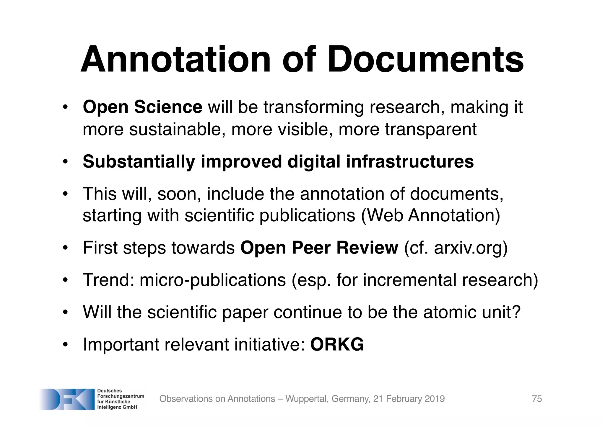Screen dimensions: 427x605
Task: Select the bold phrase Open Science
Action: [142, 107]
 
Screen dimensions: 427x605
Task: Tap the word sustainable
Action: [175, 130]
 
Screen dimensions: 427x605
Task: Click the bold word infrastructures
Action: [410, 162]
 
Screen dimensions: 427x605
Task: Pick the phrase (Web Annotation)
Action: [430, 215]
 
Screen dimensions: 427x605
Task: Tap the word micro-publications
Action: [213, 280]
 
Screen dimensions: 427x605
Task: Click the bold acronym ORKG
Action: [337, 344]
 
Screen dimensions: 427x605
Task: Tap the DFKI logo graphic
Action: [67, 399]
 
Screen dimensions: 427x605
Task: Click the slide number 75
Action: [537, 399]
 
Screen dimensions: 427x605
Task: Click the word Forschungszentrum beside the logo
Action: [121, 396]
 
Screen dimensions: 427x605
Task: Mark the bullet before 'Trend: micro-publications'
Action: [65, 280]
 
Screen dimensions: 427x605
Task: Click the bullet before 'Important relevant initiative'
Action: [65, 344]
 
